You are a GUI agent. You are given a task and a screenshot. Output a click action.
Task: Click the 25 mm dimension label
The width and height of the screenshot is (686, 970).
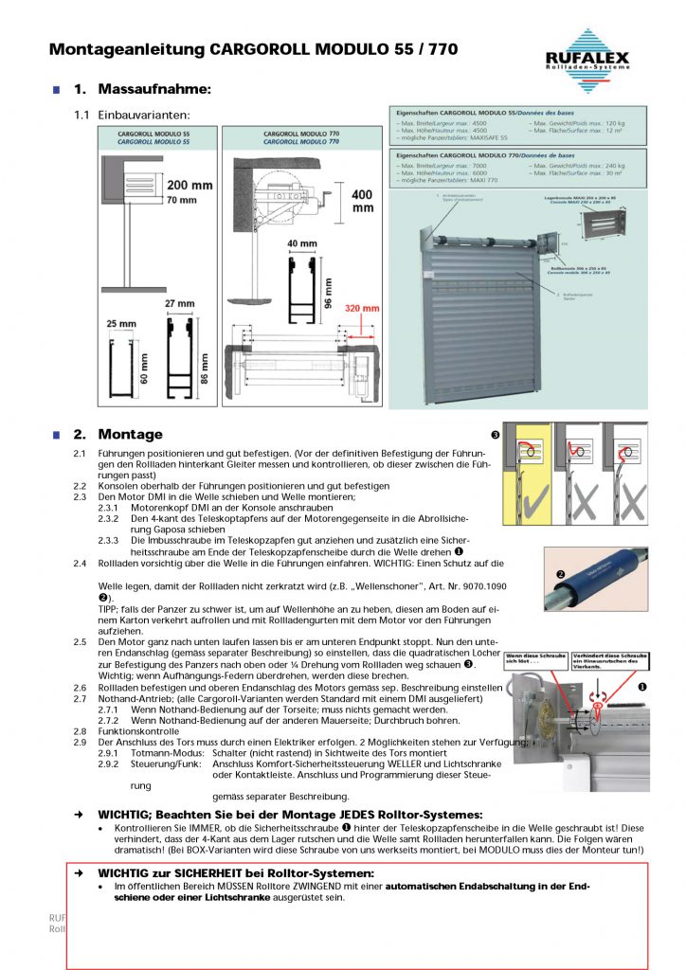[x=121, y=324]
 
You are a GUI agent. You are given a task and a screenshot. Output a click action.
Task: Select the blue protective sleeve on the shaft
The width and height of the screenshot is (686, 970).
[x=597, y=580]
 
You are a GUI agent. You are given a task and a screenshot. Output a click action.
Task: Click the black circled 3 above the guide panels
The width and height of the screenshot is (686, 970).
[x=496, y=435]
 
